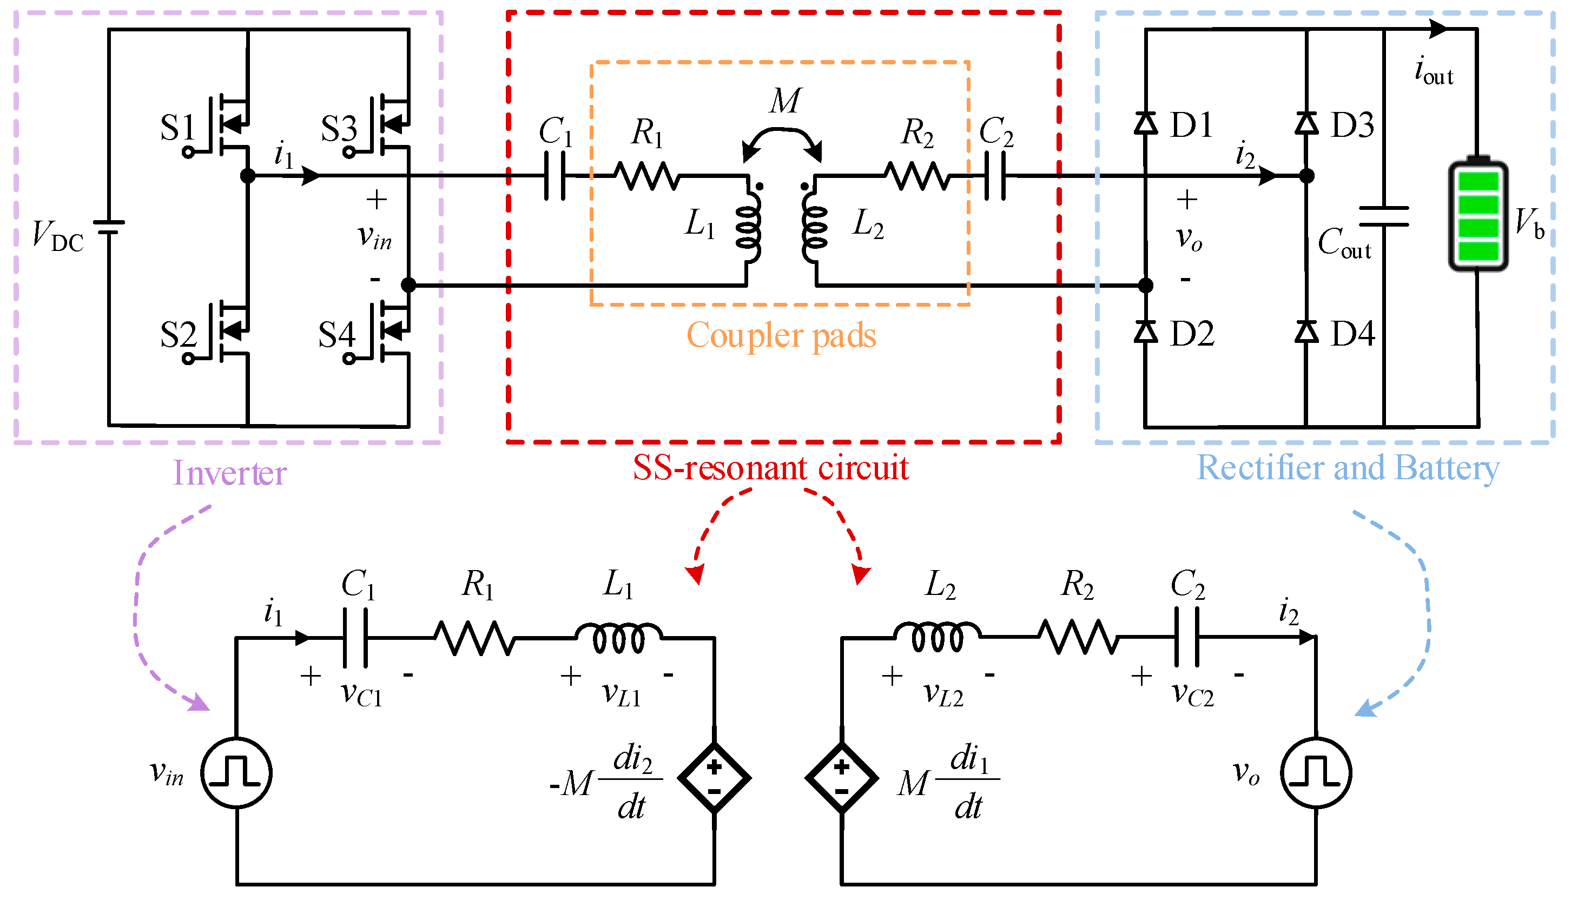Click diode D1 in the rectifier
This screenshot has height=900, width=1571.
tap(1146, 124)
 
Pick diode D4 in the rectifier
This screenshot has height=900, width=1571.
tap(1306, 333)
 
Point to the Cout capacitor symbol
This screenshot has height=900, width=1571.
tap(1384, 217)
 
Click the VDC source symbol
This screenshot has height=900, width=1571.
tap(109, 227)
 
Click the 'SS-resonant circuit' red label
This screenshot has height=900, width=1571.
tap(770, 468)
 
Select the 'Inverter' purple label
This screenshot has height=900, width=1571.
tap(229, 473)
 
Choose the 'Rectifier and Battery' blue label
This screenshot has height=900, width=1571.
tap(1348, 468)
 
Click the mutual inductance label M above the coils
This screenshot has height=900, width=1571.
tap(785, 100)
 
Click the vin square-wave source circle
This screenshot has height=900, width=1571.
tap(236, 773)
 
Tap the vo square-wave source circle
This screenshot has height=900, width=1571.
tap(1316, 773)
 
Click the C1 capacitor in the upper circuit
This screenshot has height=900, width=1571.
tap(555, 177)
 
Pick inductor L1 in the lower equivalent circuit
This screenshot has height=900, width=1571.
tap(618, 637)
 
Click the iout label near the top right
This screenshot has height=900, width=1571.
tap(1434, 70)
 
